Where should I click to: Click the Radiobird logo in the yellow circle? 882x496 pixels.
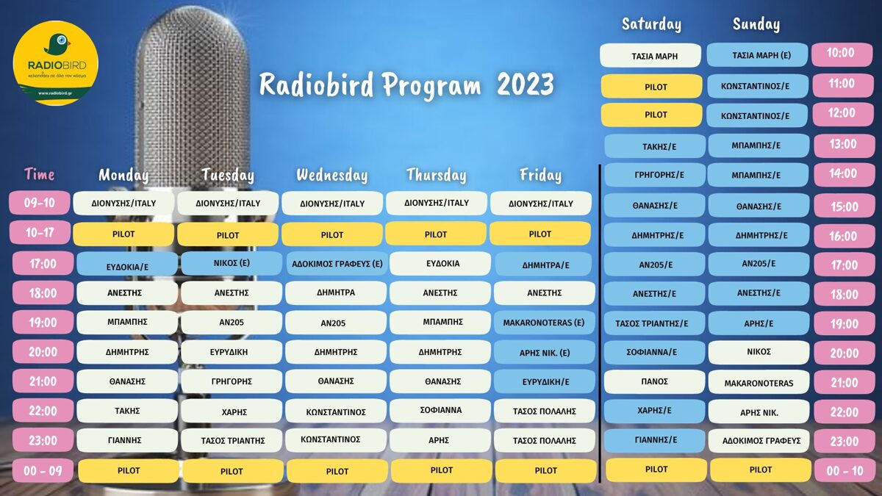point(56,63)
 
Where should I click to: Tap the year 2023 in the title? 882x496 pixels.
point(526,85)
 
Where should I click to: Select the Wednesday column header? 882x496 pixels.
point(332,175)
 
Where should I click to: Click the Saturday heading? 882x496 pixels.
point(651,24)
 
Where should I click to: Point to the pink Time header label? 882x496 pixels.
point(40,174)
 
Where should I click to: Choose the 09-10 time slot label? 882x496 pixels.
point(40,203)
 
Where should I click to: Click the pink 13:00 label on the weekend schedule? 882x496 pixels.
point(843,144)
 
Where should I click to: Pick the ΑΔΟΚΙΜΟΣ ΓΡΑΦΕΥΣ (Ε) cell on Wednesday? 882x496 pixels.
point(337,264)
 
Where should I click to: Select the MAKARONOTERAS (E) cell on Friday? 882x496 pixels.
point(544,323)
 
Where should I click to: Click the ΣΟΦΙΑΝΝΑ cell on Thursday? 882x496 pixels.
point(440,410)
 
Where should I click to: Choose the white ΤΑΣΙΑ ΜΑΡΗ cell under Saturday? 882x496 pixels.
point(650,56)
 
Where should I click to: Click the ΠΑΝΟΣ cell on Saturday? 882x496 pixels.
point(654,381)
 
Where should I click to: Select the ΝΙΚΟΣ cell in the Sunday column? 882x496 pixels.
point(759,352)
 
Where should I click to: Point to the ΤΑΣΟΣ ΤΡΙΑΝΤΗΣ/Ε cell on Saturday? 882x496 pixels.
point(654,323)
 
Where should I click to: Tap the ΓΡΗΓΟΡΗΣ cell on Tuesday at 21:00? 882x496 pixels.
point(231,381)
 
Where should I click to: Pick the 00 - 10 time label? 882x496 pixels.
point(845,470)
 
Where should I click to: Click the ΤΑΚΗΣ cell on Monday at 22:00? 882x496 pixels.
point(126,411)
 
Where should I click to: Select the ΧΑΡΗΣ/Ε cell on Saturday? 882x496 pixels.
point(654,411)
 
